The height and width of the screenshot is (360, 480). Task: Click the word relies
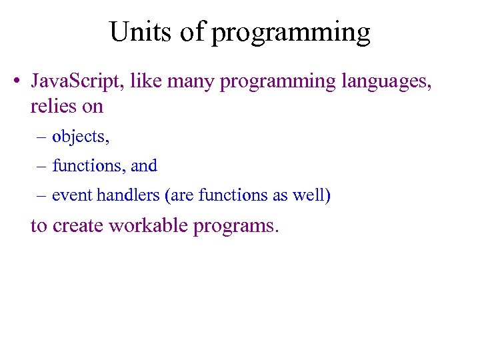coord(51,106)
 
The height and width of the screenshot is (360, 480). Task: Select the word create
coord(79,226)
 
